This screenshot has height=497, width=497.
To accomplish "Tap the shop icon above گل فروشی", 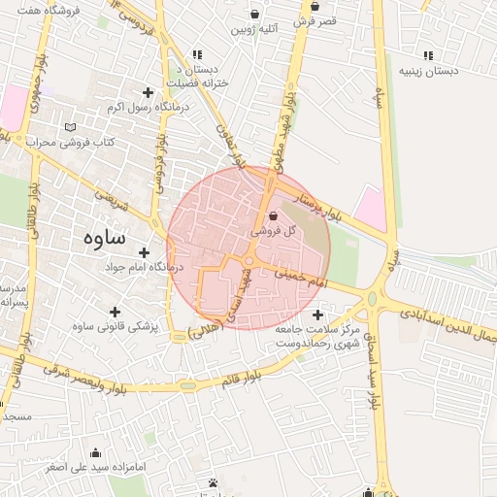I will (272, 216).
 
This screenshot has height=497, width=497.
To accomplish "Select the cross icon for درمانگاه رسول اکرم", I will (148, 92).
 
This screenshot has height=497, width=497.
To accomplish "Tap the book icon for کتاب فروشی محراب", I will (68, 127).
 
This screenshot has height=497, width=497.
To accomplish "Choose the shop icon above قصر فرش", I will (315, 6).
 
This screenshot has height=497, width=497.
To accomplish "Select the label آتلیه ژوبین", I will (254, 29).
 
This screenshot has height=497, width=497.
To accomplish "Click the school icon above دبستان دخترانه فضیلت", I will (198, 54).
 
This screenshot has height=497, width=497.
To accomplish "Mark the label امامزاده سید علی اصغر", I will (95, 467).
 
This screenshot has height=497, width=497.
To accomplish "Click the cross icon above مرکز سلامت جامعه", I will (319, 315).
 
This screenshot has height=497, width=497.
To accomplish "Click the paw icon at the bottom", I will (213, 482).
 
